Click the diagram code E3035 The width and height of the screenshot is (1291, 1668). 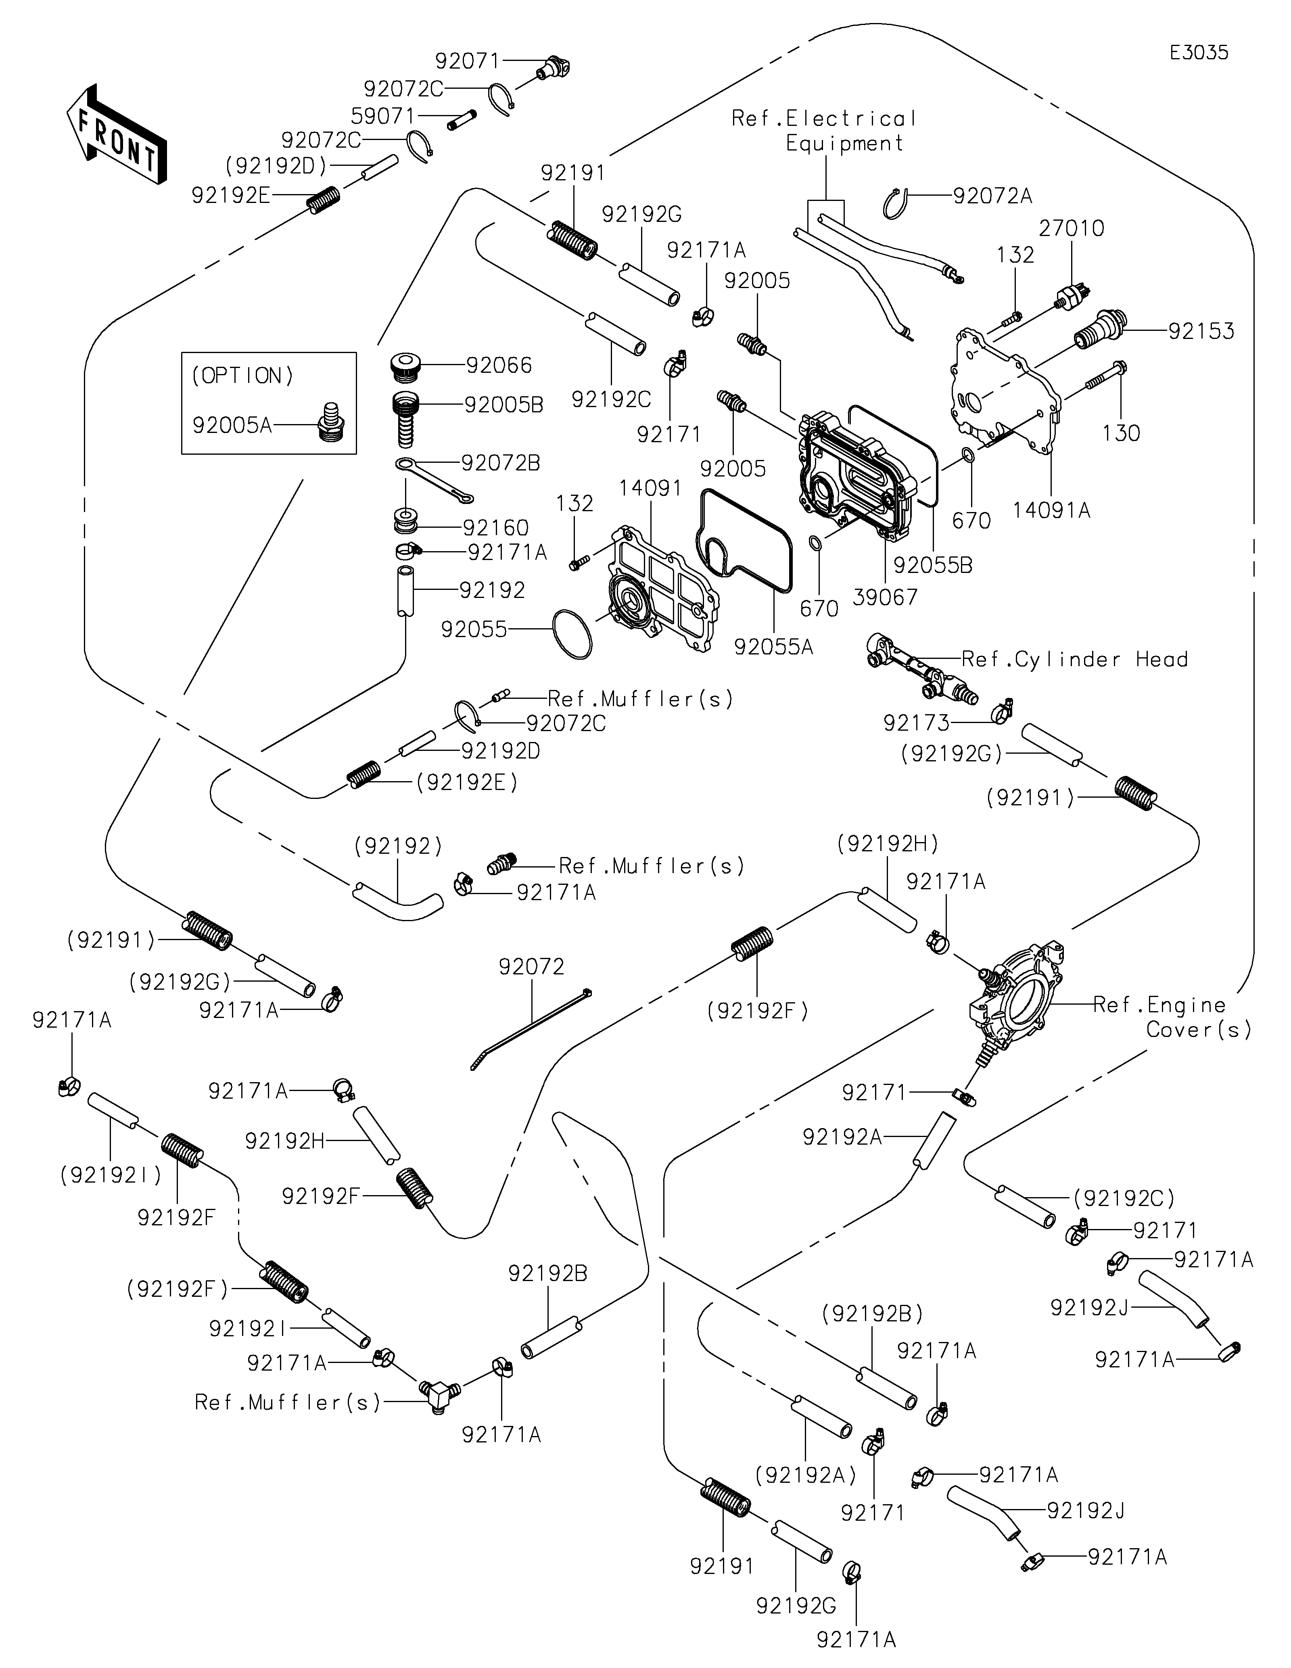(x=1199, y=53)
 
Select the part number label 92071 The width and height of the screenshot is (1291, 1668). (x=467, y=61)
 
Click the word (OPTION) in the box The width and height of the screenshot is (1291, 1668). (x=243, y=376)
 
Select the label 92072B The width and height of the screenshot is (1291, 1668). (x=500, y=463)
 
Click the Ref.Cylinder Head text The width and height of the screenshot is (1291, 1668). (x=1074, y=659)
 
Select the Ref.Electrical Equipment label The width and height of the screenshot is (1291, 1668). (x=825, y=131)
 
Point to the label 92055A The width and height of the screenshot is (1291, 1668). (x=773, y=647)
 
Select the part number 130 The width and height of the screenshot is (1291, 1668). (x=1121, y=433)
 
